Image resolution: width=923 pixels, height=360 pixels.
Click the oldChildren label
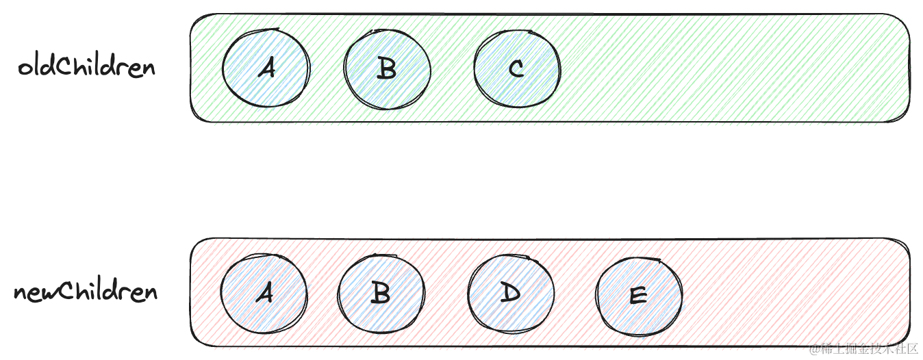tap(87, 67)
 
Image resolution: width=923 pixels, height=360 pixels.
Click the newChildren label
tap(86, 292)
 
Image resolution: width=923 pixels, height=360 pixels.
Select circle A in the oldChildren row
tap(266, 67)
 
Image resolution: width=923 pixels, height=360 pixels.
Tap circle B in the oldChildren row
tap(387, 68)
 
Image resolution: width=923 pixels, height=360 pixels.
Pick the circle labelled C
tap(517, 68)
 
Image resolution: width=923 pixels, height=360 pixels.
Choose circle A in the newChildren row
tap(264, 293)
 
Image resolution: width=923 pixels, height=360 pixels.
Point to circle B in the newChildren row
tap(381, 293)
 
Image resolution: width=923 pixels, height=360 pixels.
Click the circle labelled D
tap(511, 293)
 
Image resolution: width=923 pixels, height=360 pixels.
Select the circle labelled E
tap(638, 296)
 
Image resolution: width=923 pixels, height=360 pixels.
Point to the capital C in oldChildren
tap(65, 67)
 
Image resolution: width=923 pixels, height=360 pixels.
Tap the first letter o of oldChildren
tap(25, 68)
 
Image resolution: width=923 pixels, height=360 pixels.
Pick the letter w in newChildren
tap(49, 294)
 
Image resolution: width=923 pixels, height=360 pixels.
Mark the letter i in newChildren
tap(94, 291)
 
